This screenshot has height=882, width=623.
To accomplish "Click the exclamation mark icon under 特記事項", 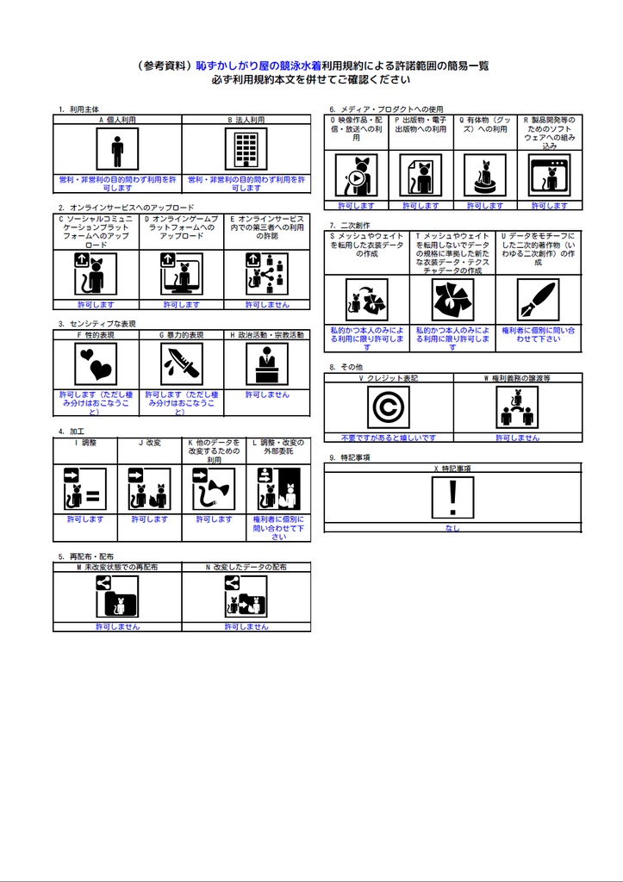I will tap(452, 499).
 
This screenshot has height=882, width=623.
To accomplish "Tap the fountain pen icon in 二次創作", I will tap(538, 301).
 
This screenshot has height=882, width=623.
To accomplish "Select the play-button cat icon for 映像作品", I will tap(355, 177).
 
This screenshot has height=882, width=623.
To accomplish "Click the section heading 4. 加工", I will tap(72, 431).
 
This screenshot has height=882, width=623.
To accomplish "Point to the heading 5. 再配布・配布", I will tap(87, 556).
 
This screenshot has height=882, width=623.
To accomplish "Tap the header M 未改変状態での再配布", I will tap(117, 568).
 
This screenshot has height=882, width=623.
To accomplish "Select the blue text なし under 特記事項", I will tap(452, 528).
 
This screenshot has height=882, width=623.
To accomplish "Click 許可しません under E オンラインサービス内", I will tap(267, 304).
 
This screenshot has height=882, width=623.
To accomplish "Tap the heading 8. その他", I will tap(346, 367).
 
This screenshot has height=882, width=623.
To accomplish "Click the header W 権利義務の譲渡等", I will tap(517, 378).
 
